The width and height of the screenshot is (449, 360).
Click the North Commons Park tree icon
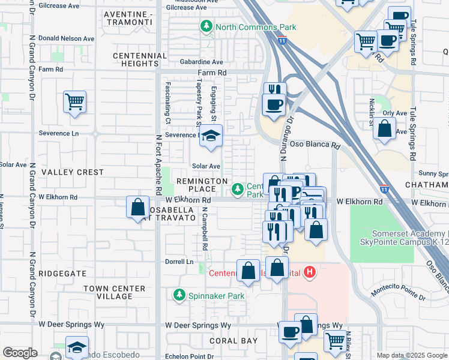coord(207,26)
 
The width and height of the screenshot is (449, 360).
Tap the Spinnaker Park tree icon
coord(179,295)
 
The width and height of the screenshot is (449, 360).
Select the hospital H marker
coord(309,273)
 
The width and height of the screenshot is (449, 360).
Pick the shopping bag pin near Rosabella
coord(138,207)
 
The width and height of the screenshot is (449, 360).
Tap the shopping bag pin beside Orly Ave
coord(384,128)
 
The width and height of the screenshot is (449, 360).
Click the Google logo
coord(20,353)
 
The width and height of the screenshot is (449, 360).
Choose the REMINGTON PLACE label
coord(201,185)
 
